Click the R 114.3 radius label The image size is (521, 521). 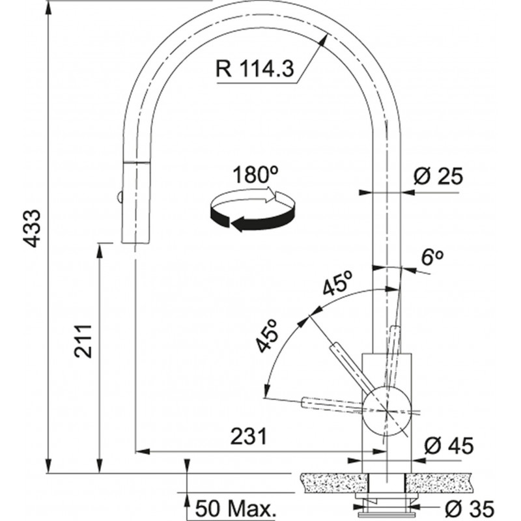click(254, 67)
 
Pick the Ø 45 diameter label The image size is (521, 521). click(449, 447)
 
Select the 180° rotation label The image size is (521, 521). click(251, 175)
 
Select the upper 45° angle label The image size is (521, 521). click(339, 285)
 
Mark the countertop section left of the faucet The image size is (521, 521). click(329, 483)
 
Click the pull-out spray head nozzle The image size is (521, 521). click(131, 203)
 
